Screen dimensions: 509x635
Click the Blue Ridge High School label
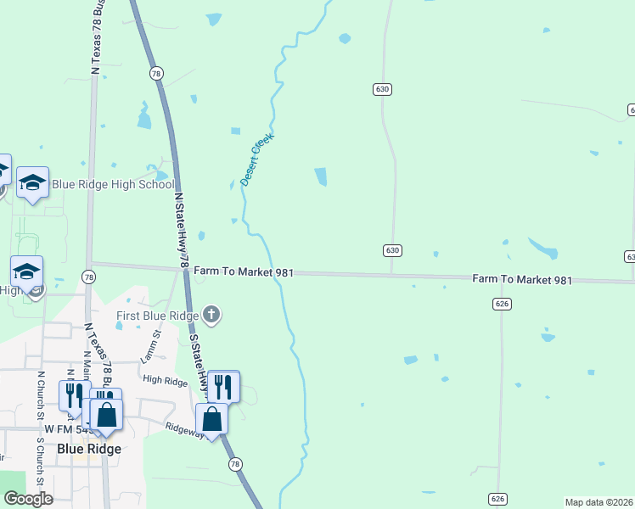click(x=113, y=184)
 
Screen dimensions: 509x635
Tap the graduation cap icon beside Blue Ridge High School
click(x=32, y=182)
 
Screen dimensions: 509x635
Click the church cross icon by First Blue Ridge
click(x=211, y=316)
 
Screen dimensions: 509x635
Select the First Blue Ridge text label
click(x=158, y=316)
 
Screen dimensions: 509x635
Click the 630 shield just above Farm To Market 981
click(x=391, y=250)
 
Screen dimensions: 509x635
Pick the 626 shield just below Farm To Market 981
click(x=502, y=303)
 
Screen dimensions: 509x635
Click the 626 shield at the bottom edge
click(x=498, y=498)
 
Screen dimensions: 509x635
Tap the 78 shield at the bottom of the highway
click(x=235, y=464)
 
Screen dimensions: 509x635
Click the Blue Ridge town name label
click(x=89, y=449)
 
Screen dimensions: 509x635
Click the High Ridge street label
click(x=165, y=381)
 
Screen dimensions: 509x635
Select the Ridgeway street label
click(x=184, y=431)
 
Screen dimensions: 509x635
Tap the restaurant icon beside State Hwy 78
click(x=223, y=386)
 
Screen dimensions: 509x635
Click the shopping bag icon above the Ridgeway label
click(x=211, y=418)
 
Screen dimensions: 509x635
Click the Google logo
click(x=28, y=499)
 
